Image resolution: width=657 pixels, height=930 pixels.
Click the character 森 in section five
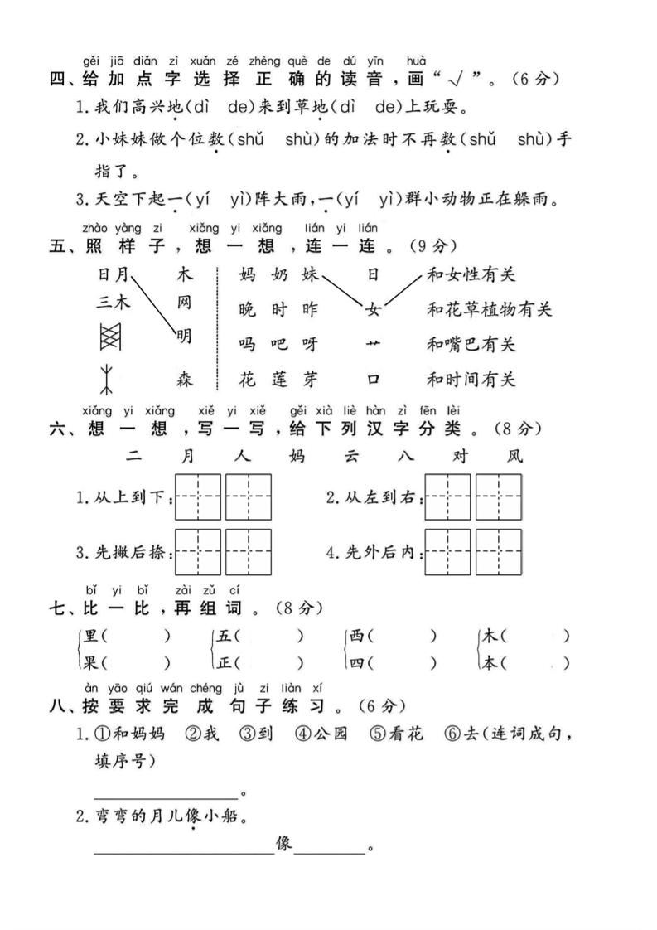[x=186, y=380]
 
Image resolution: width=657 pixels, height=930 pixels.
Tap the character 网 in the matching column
[x=185, y=303]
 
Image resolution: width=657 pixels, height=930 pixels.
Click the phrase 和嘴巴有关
[x=471, y=344]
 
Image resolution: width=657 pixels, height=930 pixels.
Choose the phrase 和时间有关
[x=471, y=380]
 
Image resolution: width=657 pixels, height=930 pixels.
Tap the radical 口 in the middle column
[x=373, y=380]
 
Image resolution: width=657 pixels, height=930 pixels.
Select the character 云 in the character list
[x=349, y=456]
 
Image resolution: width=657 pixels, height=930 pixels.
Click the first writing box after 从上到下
[x=199, y=496]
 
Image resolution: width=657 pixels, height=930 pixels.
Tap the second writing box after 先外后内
[x=499, y=552]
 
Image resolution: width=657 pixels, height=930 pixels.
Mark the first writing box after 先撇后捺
[x=199, y=552]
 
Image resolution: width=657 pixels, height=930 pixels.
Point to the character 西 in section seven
[x=356, y=637]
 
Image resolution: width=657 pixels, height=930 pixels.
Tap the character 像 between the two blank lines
[x=283, y=845]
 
